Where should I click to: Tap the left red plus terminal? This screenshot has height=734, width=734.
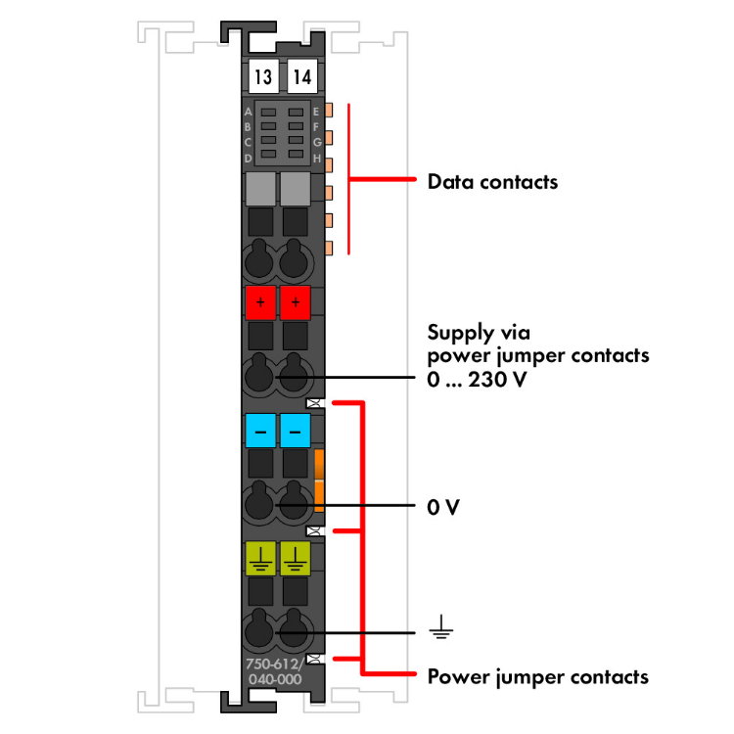260,303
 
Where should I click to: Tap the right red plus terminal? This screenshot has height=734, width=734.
295,303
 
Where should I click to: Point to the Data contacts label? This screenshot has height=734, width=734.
492,182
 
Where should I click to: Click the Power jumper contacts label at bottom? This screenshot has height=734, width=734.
537,676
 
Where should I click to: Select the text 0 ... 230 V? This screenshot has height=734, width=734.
478,380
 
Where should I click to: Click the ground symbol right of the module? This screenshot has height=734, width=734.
442,627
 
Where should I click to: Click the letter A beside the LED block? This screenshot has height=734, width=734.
248,113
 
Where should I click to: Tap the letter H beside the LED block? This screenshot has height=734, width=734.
317,158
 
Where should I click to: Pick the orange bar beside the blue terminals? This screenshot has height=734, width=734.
319,481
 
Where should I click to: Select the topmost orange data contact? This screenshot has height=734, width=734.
330,111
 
